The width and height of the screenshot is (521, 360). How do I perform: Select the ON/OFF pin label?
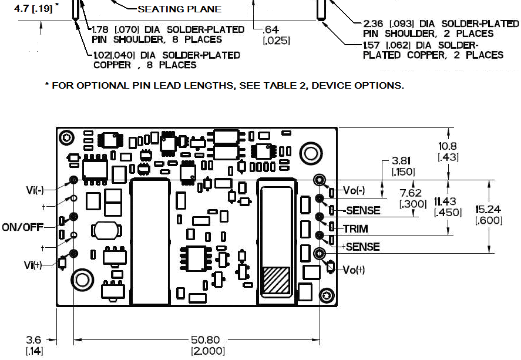click(23, 227)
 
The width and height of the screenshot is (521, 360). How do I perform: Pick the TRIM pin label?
click(356, 228)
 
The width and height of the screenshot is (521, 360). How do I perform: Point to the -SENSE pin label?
click(361, 210)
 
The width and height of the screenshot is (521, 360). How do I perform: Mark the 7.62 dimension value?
click(411, 193)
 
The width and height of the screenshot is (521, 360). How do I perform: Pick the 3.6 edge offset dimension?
click(33, 339)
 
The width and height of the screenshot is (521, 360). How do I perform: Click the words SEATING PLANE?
click(179, 9)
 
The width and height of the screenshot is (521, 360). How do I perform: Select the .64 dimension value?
click(271, 29)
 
